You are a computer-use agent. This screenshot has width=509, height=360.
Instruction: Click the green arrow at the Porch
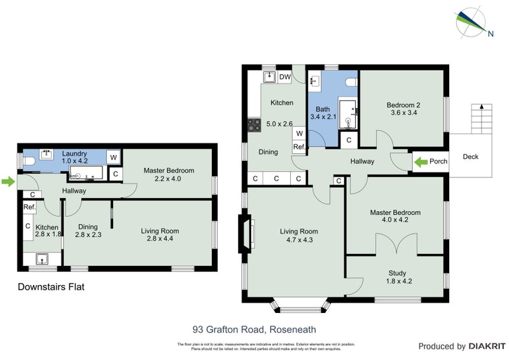tap(421, 162)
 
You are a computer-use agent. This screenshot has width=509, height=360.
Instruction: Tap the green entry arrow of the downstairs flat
tap(8, 183)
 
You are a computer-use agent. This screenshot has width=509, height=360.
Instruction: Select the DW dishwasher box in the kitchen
tap(285, 78)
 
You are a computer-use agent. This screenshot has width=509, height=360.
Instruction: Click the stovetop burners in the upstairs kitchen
tap(254, 125)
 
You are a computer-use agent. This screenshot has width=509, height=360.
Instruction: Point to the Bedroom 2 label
tap(403, 105)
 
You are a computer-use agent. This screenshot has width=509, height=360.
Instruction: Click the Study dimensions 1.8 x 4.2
tap(396, 280)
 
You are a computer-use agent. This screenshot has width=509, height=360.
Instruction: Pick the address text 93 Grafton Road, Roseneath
tap(254, 329)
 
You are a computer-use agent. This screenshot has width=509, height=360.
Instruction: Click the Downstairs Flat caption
tap(50, 287)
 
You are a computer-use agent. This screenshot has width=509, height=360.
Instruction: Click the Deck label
tap(470, 157)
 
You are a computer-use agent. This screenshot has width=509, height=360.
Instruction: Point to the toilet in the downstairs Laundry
tap(27, 160)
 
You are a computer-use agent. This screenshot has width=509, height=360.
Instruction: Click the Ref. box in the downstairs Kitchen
tap(29, 207)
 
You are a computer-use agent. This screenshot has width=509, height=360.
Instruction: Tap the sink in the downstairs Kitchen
tap(43, 259)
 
